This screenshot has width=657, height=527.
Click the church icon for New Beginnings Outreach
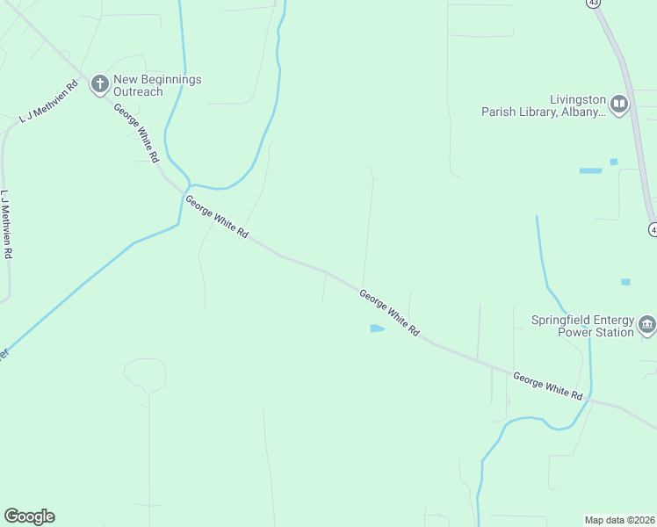coord(100,85)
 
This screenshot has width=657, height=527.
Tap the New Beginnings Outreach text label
coord(157,85)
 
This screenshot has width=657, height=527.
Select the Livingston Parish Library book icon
coord(619,105)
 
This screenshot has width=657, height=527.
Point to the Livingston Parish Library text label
coord(543,105)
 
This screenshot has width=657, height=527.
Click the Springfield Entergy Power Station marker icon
coord(646,326)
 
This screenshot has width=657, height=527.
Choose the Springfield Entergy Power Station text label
coord(582,326)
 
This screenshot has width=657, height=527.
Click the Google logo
coord(29,516)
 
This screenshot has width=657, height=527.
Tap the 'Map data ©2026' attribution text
coord(619,520)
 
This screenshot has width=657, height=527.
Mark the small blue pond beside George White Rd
coord(377,328)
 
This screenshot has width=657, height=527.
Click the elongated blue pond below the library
coord(590,170)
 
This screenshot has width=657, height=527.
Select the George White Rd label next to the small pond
coord(389,314)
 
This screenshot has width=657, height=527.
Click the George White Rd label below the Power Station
coord(548,386)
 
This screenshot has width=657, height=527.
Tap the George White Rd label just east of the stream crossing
coord(217,219)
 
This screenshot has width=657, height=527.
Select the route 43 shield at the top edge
coord(594,3)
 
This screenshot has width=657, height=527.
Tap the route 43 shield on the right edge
coord(653,229)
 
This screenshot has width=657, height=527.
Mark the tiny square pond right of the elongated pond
coord(613,162)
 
